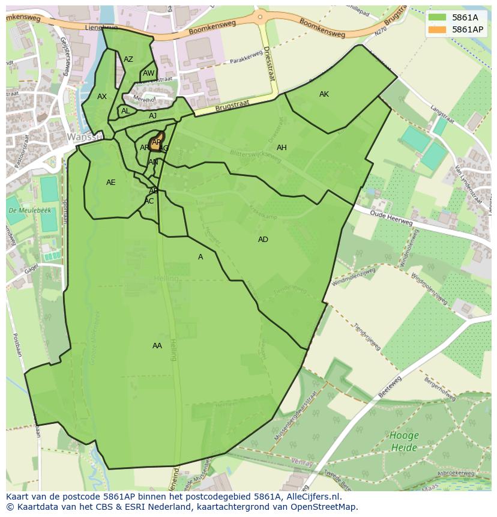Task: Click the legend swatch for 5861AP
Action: (437, 29)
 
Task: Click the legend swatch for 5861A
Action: (437, 17)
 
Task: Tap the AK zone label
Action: (324, 94)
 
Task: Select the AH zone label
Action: (282, 148)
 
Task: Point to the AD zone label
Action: (263, 240)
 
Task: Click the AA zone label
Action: (157, 346)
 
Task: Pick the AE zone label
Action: (110, 183)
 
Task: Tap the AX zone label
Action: (102, 97)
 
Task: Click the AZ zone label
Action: (128, 59)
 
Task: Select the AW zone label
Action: (148, 74)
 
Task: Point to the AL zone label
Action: (125, 111)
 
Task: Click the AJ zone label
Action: (152, 116)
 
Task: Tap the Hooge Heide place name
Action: (404, 441)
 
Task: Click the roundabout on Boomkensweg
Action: (261, 16)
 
